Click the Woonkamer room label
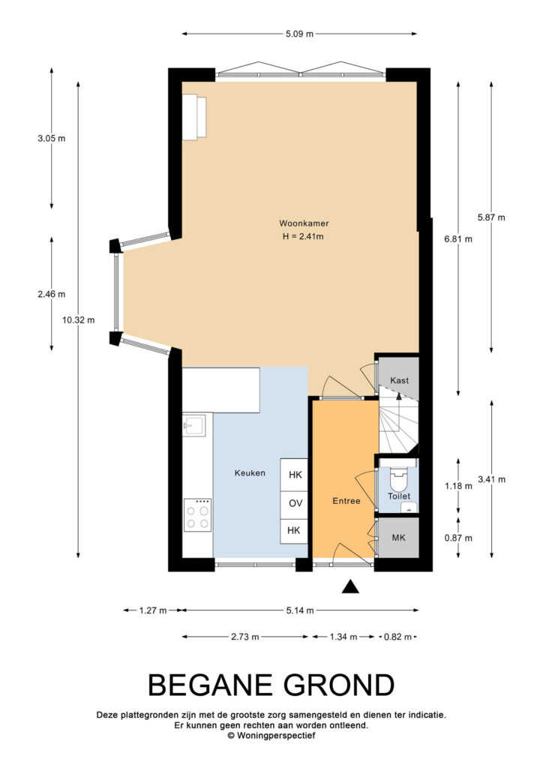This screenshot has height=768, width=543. coord(304,223)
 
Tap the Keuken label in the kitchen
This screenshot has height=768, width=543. coord(250,473)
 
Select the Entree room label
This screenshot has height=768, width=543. coord(346,501)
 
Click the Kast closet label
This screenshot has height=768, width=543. coord(399,380)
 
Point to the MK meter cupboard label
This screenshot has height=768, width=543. coord(398,538)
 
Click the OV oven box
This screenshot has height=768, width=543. coord(294,503)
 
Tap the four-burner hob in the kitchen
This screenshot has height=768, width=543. coord(198,515)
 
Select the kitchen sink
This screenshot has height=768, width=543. coord(195,425)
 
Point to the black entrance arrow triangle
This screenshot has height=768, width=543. coord(350,586)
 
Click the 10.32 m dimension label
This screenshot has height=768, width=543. coord(78,320)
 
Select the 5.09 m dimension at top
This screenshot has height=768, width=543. coord(300,34)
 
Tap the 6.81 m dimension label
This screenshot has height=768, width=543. coord(458,239)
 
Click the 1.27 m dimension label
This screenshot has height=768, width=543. coord(153,610)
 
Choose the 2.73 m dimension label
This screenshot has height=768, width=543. coord(244,637)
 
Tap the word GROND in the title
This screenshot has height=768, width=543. coord(339,685)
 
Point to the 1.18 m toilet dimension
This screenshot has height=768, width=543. coord(458,486)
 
